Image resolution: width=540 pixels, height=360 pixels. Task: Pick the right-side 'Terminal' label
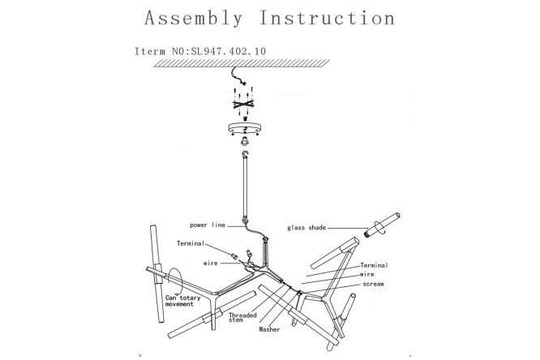(374, 265)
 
